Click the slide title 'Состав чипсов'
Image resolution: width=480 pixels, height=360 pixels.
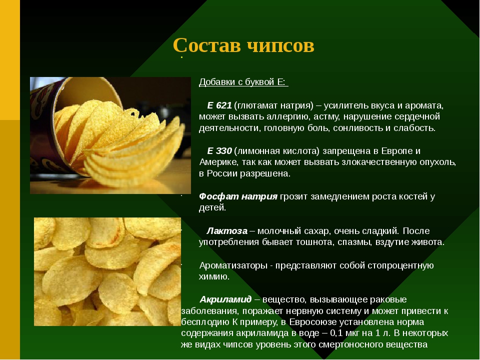tap(243, 45)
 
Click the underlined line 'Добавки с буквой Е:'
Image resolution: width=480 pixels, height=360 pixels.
tap(243, 82)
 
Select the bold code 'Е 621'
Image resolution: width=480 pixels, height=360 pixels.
tap(219, 105)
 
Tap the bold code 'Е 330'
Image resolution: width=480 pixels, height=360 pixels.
tap(219, 150)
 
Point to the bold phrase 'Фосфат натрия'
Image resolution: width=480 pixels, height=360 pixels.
tap(238, 196)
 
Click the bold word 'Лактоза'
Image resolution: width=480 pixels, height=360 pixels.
tap(227, 230)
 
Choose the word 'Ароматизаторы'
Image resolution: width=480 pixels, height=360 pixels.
tap(232, 265)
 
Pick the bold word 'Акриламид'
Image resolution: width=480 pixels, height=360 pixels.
tap(225, 299)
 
